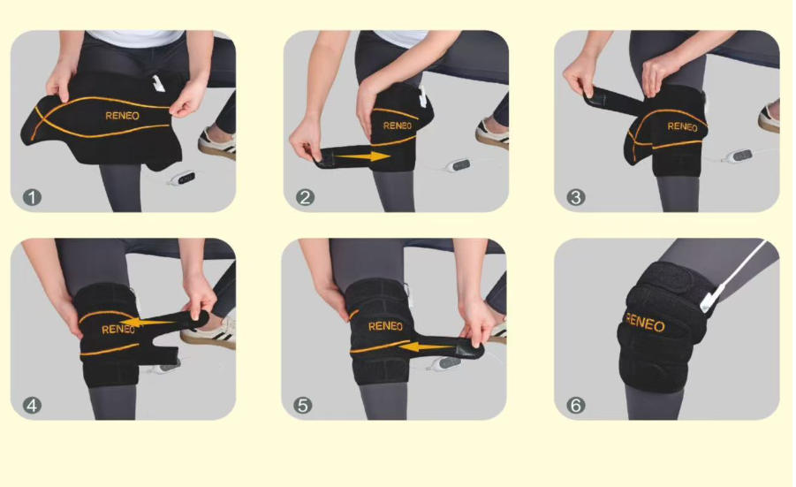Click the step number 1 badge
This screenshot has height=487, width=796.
click(32, 197)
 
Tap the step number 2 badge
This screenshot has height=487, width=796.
click(305, 197)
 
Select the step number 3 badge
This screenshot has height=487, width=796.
click(576, 197)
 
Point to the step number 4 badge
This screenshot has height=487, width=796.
click(32, 405)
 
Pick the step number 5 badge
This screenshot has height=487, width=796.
click(303, 405)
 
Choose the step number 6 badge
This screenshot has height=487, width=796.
click(576, 405)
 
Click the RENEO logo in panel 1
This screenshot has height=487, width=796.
click(122, 116)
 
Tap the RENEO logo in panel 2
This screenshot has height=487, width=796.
click(398, 126)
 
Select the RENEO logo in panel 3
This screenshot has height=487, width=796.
click(682, 126)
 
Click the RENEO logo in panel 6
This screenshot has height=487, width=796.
click(645, 323)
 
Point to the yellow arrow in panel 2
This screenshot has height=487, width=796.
click(363, 156)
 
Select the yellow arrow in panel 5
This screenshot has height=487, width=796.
click(426, 346)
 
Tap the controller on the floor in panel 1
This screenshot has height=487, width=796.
click(183, 179)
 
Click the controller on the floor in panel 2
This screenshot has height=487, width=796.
click(459, 165)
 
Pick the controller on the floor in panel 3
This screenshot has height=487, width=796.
click(737, 156)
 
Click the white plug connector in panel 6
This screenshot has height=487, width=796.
click(713, 299)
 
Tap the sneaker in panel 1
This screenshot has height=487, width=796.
click(216, 144)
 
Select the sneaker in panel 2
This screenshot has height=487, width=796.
click(492, 133)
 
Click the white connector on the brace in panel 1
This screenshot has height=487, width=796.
click(159, 83)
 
